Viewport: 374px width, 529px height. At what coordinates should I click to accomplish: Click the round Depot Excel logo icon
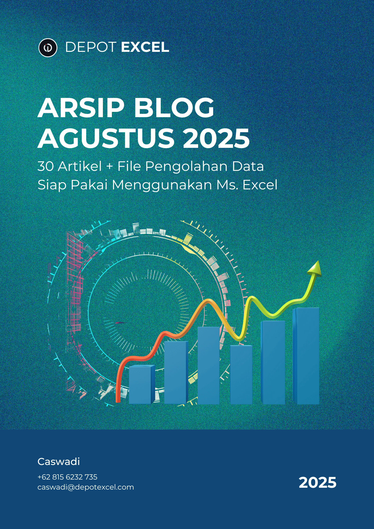click(48, 48)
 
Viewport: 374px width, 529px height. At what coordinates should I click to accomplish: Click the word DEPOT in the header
click(91, 47)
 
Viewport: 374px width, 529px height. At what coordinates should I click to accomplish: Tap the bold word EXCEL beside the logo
click(145, 47)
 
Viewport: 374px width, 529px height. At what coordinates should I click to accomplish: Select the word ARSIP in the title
click(81, 108)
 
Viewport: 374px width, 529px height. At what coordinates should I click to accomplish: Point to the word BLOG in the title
click(174, 108)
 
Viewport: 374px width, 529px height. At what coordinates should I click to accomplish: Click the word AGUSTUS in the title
click(106, 138)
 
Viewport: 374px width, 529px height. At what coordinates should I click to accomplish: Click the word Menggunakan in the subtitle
click(162, 185)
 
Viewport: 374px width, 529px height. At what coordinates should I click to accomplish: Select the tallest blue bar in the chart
click(306, 356)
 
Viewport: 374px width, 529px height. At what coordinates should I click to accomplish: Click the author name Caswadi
click(59, 462)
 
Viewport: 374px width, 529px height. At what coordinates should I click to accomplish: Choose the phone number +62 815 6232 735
click(67, 477)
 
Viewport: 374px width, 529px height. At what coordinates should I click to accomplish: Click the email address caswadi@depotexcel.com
click(86, 487)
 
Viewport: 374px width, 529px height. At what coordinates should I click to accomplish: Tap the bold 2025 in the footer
click(317, 482)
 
